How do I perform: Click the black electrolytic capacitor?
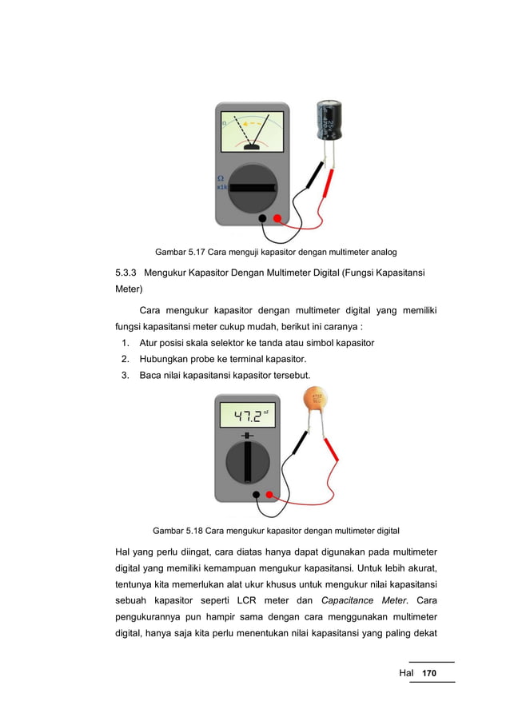(329, 120)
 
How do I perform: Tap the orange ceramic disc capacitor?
(317, 401)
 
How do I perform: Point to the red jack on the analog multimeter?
(277, 218)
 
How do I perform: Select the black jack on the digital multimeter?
(256, 494)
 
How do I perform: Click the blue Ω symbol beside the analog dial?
(221, 177)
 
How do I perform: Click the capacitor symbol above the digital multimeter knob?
(248, 436)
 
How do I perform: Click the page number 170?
(429, 674)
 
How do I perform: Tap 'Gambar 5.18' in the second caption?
(179, 530)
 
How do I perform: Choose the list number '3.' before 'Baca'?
(126, 376)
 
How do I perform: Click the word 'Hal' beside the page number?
(407, 674)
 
